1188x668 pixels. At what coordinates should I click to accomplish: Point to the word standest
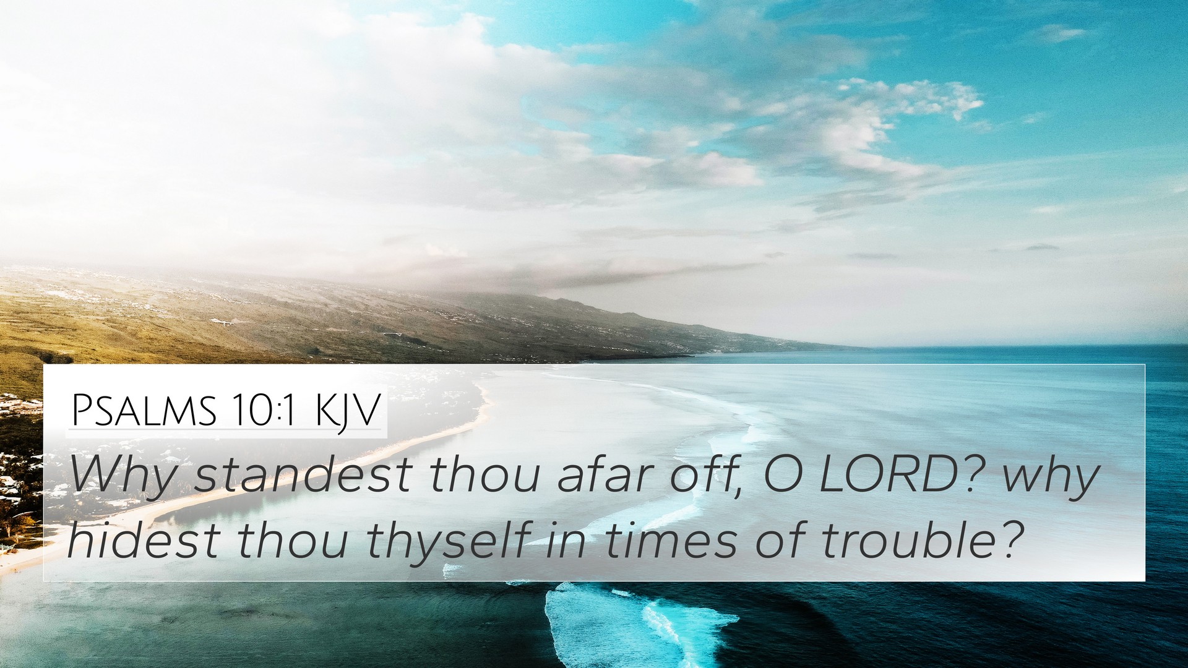pos(303,475)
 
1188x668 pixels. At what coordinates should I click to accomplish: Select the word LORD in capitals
pos(889,475)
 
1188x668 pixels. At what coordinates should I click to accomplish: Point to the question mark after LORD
pos(976,475)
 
